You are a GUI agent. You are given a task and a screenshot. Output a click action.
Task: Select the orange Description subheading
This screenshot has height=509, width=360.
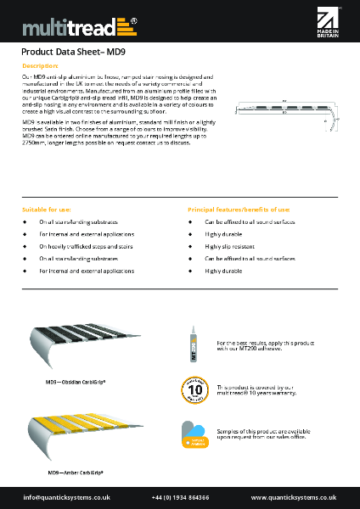(41, 64)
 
